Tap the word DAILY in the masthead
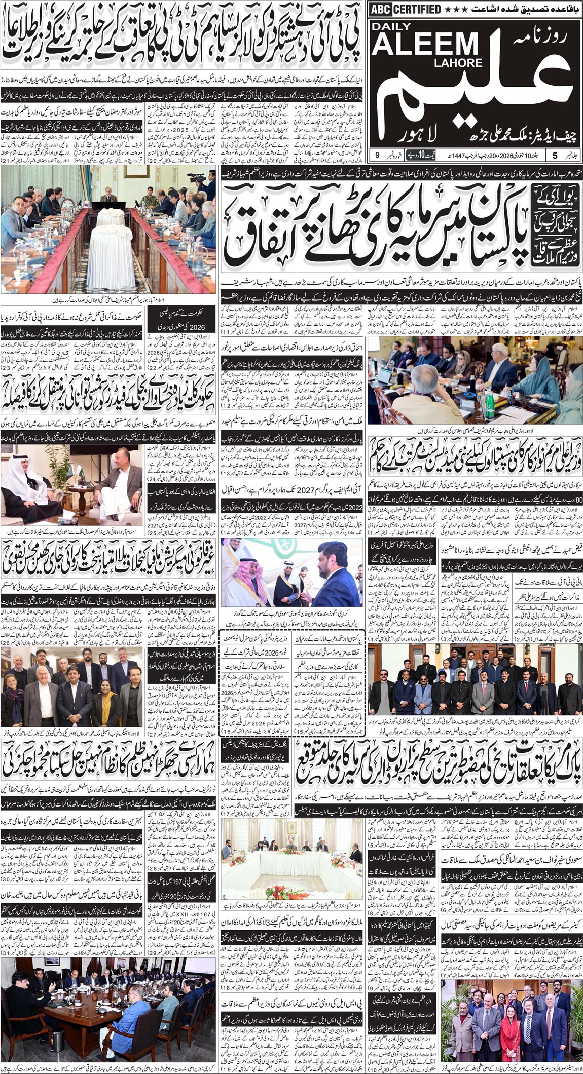click(x=398, y=28)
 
